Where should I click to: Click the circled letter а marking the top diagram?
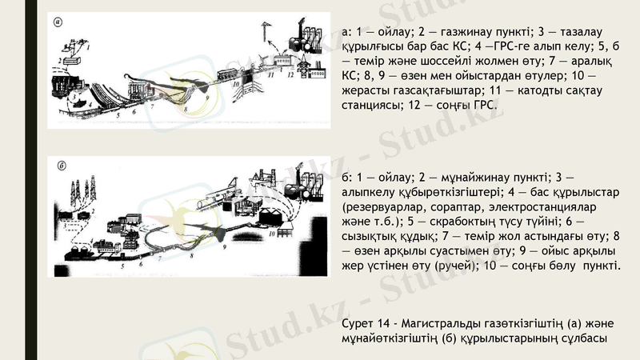pos(58,22)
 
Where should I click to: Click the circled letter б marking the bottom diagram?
pos(61,168)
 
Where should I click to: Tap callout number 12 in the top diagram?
pos(291,74)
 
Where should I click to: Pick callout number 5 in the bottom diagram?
pos(122,264)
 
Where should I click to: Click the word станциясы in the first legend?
pos(373,106)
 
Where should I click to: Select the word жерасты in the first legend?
pos(366,90)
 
